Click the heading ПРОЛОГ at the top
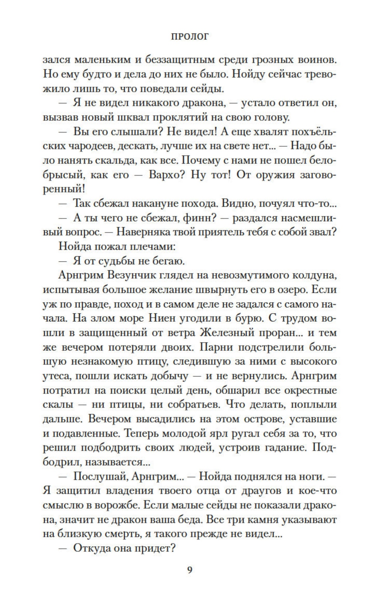click(x=189, y=36)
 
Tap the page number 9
click(x=190, y=569)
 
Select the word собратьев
click(x=193, y=404)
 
